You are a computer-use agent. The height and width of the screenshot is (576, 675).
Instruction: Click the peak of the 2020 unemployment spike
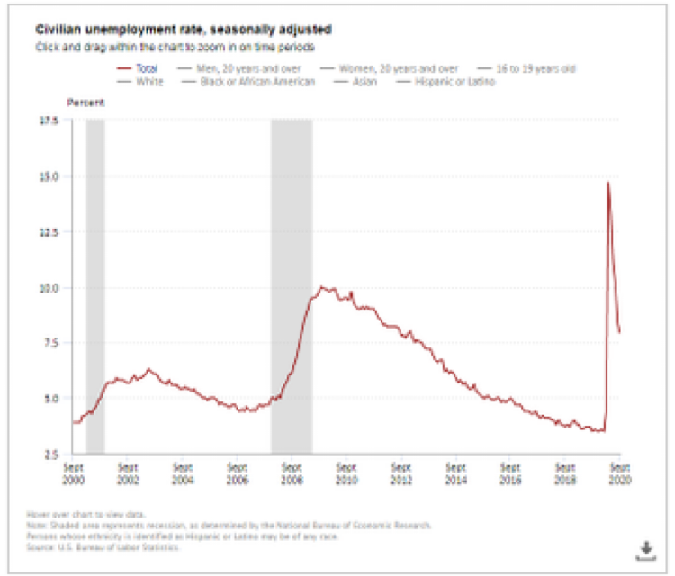608,183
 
